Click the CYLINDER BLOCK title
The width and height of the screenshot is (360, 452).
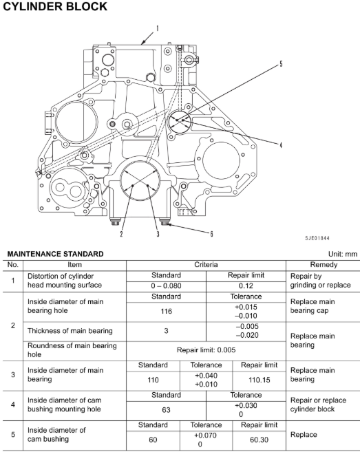55,6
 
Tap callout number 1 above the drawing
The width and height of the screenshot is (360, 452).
158,28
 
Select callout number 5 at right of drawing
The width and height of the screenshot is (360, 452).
281,64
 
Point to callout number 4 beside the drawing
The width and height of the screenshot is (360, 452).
281,145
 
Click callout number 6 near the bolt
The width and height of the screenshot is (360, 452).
211,234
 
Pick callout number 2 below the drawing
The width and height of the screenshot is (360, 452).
121,234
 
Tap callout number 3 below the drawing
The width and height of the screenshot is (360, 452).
158,234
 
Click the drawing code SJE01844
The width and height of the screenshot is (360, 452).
317,238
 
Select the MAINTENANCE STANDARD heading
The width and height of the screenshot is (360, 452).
55,254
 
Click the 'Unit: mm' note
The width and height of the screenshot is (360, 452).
343,254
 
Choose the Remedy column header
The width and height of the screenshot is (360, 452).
324,265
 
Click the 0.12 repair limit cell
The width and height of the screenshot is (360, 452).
246,286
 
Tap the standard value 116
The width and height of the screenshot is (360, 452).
166,312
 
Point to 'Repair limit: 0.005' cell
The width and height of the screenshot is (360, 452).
206,350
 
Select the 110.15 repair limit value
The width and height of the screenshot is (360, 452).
260,380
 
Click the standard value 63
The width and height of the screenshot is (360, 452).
166,410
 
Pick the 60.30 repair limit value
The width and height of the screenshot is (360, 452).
260,440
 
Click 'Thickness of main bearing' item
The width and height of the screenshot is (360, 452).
70,331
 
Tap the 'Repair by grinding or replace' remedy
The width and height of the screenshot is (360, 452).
321,281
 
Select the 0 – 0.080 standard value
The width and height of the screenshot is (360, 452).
166,286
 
